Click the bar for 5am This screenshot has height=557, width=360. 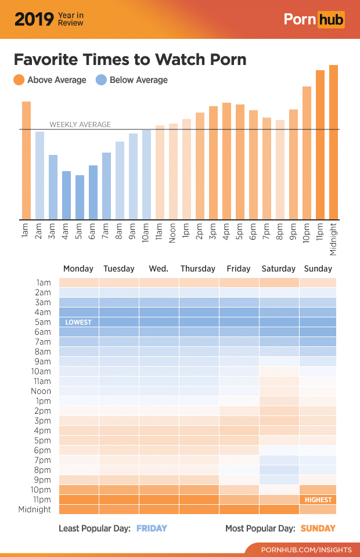(80, 197)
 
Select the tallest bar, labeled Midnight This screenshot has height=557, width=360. (333, 142)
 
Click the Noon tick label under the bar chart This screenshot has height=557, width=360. (172, 232)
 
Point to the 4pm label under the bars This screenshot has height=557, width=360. (226, 232)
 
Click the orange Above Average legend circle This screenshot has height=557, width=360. (19, 80)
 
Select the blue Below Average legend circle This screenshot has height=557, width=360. (101, 80)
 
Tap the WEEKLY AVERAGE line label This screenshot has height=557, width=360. (80, 124)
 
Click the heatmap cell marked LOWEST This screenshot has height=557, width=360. (78, 322)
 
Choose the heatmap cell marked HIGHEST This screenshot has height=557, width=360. (318, 500)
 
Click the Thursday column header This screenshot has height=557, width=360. (197, 269)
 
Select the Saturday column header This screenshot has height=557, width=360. (278, 269)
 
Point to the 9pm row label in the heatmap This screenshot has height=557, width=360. (43, 480)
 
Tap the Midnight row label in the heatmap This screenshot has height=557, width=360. (35, 509)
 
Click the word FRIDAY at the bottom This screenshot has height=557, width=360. (152, 529)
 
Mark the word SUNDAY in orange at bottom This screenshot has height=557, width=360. (318, 529)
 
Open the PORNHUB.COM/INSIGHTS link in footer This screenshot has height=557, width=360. (306, 549)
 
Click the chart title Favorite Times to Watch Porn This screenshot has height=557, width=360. (130, 59)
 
